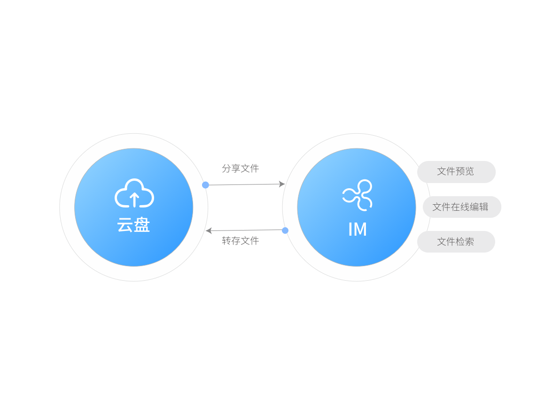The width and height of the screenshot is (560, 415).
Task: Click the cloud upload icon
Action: pyautogui.click(x=134, y=193)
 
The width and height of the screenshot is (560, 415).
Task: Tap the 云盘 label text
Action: pyautogui.click(x=133, y=225)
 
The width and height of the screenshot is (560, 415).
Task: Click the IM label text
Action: pyautogui.click(x=357, y=230)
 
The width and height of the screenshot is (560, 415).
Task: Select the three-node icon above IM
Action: pyautogui.click(x=358, y=194)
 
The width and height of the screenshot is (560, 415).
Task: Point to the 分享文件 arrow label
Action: pyautogui.click(x=240, y=169)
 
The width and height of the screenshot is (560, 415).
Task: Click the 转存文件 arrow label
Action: pyautogui.click(x=240, y=241)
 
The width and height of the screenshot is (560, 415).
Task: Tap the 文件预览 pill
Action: pyautogui.click(x=456, y=171)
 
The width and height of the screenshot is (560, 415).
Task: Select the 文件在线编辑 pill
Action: pyautogui.click(x=461, y=207)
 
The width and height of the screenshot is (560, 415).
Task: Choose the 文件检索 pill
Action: pyautogui.click(x=456, y=242)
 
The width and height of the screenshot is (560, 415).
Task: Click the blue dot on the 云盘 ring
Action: pyautogui.click(x=205, y=185)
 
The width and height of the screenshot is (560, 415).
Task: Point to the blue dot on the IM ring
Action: pyautogui.click(x=285, y=230)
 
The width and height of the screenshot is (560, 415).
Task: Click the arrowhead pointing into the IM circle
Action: pyautogui.click(x=282, y=184)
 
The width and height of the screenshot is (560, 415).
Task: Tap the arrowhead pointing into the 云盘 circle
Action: pyautogui.click(x=209, y=231)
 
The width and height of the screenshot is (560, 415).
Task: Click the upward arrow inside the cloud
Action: pyautogui.click(x=134, y=199)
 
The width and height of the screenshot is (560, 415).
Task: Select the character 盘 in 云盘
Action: pyautogui.click(x=141, y=225)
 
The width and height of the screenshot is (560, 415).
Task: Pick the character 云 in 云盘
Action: pyautogui.click(x=125, y=225)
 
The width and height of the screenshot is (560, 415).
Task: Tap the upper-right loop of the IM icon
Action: pyautogui.click(x=365, y=187)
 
